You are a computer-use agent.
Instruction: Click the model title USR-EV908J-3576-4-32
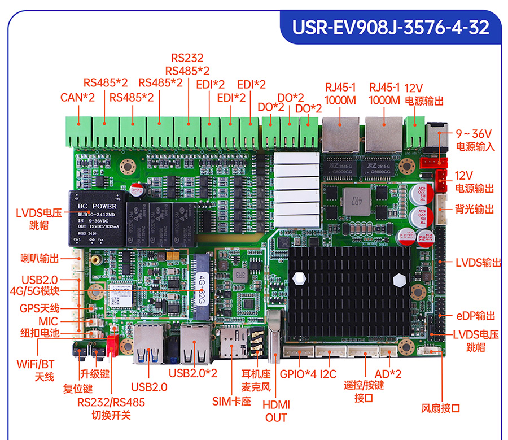[390, 28]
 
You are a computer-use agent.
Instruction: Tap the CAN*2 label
[78, 97]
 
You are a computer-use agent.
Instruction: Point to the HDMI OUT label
[276, 411]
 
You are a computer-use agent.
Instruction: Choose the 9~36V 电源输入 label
[475, 140]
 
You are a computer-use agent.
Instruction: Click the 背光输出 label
[475, 210]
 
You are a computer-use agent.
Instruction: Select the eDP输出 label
[476, 316]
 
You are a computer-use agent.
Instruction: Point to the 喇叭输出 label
[40, 258]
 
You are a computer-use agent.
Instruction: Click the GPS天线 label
[40, 308]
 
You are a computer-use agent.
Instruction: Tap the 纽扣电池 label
[40, 333]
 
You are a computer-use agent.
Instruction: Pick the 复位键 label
[78, 389]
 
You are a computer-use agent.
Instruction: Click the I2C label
[328, 374]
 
